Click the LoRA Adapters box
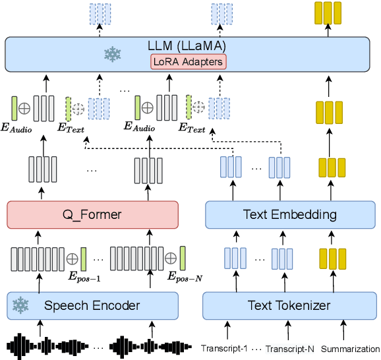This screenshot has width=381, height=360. [x=187, y=62]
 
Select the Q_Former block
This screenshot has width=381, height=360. [x=93, y=214]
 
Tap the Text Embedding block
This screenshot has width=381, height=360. [x=290, y=214]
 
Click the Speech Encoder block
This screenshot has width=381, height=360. [x=93, y=305]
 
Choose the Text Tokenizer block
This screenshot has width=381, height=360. [x=290, y=305]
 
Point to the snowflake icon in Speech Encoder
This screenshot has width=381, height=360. [x=22, y=305]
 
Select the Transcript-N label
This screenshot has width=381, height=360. [x=287, y=347]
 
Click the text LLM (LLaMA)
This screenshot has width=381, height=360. [x=187, y=45]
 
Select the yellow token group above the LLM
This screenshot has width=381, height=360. [x=328, y=13]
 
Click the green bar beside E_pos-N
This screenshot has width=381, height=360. [x=183, y=256]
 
